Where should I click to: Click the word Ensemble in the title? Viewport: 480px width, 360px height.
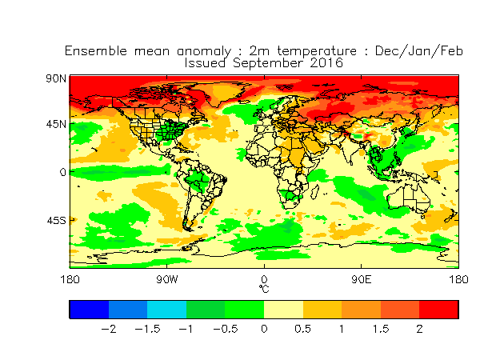coord(96,51)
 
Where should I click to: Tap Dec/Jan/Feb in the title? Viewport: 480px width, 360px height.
coord(418,51)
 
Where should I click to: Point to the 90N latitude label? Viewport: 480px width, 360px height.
coord(56,78)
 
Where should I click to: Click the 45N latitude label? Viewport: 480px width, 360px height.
coord(56,124)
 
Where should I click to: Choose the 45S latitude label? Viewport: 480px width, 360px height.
coord(56,221)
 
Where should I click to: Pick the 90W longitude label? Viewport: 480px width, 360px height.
coord(167,279)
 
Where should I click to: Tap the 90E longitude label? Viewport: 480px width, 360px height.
coord(362,279)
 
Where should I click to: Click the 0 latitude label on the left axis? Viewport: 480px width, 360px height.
coord(62,172)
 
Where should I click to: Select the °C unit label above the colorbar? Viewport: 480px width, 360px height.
coord(264,289)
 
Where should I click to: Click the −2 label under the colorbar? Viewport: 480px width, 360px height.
coord(108,329)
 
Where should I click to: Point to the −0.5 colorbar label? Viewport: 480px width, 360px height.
coord(226,329)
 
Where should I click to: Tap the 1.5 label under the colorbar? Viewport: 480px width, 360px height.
coord(381,329)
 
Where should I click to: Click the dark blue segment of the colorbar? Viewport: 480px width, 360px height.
coord(89,310)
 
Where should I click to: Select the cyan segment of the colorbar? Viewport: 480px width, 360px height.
coord(167,310)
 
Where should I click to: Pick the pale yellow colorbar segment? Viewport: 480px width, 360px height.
coord(283,310)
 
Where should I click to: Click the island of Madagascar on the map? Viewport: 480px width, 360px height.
coord(314,192)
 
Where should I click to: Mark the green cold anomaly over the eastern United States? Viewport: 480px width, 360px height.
coord(170,130)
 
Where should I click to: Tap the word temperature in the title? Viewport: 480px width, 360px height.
coord(317,51)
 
